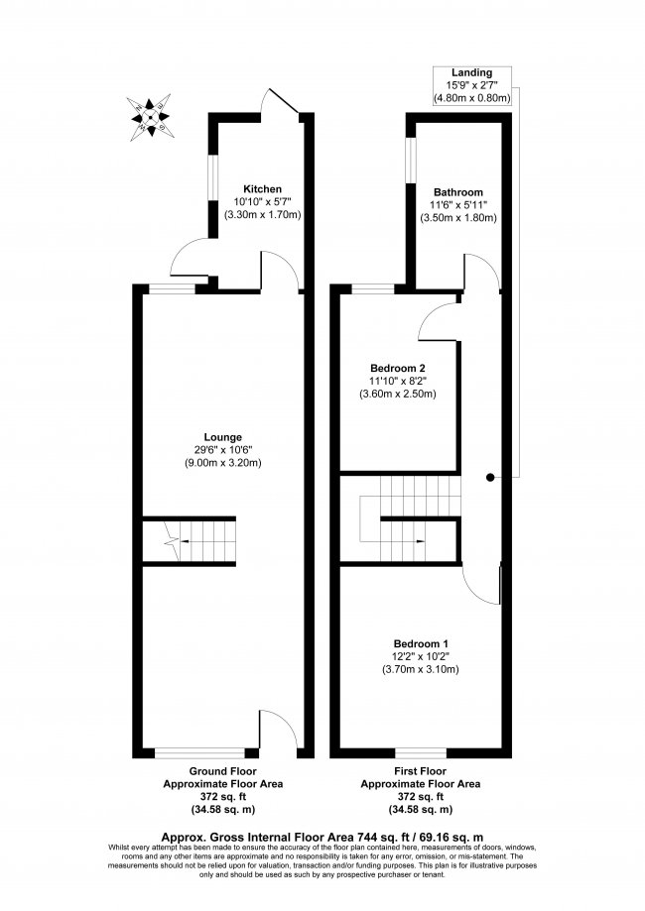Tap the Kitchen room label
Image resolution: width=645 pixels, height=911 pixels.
263,188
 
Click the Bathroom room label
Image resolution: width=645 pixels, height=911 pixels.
457,192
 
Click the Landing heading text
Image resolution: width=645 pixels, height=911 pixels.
471,73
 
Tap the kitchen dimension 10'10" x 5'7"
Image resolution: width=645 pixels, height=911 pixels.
263,201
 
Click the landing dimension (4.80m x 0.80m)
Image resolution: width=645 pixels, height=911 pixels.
471,98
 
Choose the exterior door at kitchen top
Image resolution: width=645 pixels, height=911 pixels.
278,103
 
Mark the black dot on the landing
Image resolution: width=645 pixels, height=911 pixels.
489,477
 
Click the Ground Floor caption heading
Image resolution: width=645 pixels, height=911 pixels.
222,770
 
